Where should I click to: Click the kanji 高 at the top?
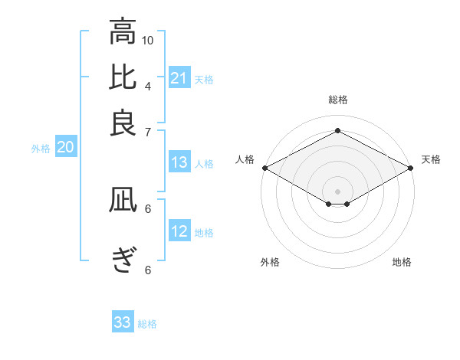123,31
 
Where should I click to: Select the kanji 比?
123,78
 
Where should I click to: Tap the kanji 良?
123,123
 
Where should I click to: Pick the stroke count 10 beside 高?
148,40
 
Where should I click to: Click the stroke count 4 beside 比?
147,85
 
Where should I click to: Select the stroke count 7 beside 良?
147,131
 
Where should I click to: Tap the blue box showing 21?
179,78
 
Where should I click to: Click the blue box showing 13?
179,162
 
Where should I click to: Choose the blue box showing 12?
179,232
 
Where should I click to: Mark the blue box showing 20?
65,148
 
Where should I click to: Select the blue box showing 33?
123,322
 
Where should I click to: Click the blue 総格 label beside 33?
147,324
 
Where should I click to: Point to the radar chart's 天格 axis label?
431,159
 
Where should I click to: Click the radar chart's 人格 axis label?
245,159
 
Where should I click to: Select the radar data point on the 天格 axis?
412,168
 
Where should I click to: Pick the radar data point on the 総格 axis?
337,131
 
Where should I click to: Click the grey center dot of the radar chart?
337,190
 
